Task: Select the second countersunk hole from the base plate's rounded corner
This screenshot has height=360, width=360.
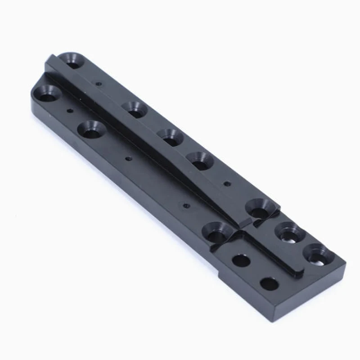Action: [x=92, y=129]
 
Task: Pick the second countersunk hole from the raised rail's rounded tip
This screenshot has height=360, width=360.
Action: [x=134, y=109]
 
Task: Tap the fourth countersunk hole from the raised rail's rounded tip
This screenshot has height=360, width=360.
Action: [x=199, y=160]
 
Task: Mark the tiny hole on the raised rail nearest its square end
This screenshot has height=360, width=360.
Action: [x=227, y=183]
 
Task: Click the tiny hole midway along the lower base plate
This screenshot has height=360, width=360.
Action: [x=129, y=158]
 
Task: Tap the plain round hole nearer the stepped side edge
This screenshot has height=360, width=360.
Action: [x=241, y=260]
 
